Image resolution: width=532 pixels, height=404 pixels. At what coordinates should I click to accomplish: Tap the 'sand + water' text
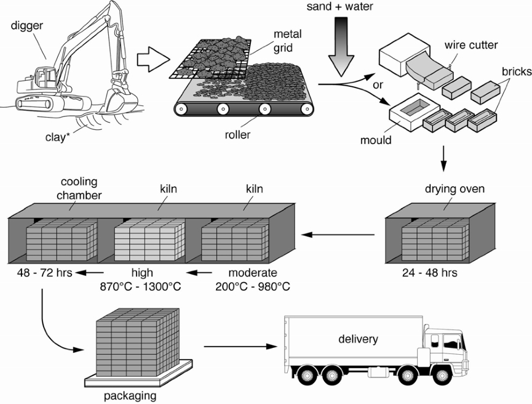[340, 7]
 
